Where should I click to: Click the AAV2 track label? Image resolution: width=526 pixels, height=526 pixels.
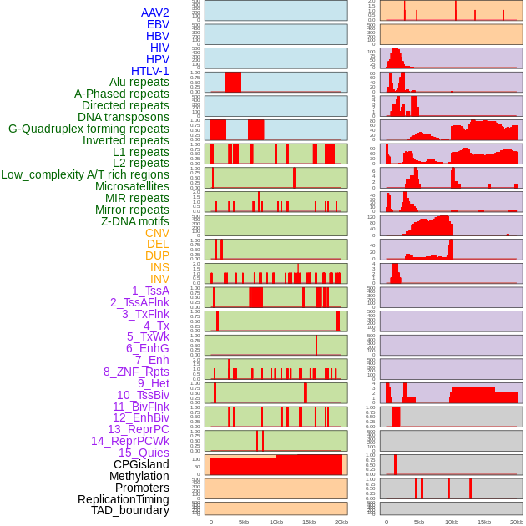tap(154, 13)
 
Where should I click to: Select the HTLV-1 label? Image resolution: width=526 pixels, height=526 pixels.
tap(149, 71)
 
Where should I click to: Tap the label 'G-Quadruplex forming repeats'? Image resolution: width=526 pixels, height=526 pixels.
tap(89, 129)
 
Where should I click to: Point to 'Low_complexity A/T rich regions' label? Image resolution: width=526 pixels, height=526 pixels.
tap(85, 174)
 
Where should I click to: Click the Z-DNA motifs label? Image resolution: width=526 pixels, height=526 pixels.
tap(134, 221)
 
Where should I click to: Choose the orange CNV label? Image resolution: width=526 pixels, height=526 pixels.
tap(157, 233)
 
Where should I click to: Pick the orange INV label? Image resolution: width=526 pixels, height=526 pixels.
tap(159, 279)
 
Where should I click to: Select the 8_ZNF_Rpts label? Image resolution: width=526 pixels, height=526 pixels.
tap(136, 372)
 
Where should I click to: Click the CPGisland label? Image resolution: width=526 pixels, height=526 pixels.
tap(141, 464)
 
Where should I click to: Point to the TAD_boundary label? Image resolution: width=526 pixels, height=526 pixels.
tap(130, 510)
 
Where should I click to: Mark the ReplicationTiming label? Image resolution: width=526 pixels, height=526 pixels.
tap(124, 499)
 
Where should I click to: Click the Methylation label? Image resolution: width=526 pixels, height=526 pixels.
tap(139, 476)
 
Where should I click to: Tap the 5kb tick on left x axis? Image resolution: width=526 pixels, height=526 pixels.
tap(244, 522)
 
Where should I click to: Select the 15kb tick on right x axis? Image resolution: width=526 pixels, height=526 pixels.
tap(484, 522)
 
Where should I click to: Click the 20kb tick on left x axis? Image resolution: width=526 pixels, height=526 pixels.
tap(341, 522)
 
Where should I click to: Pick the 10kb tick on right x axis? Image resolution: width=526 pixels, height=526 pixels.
tap(452, 522)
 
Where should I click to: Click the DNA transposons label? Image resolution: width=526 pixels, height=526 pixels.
tap(124, 117)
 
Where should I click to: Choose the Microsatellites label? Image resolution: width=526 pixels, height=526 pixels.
tap(132, 186)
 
